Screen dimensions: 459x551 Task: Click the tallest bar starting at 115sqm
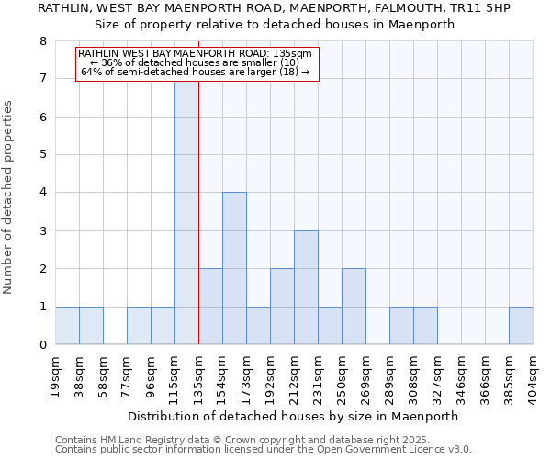point(186,211)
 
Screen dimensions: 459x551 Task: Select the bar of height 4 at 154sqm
point(234,268)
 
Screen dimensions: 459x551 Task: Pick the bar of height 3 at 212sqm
point(306,287)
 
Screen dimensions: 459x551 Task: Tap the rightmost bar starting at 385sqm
point(521,326)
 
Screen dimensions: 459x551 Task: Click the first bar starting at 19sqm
point(67,326)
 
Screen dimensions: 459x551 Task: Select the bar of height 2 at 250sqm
point(354,307)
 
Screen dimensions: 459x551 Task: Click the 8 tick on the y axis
point(42,40)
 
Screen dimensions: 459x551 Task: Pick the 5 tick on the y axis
point(42,154)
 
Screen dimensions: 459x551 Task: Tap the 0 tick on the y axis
point(42,345)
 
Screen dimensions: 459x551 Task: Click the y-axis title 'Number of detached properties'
point(9,196)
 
